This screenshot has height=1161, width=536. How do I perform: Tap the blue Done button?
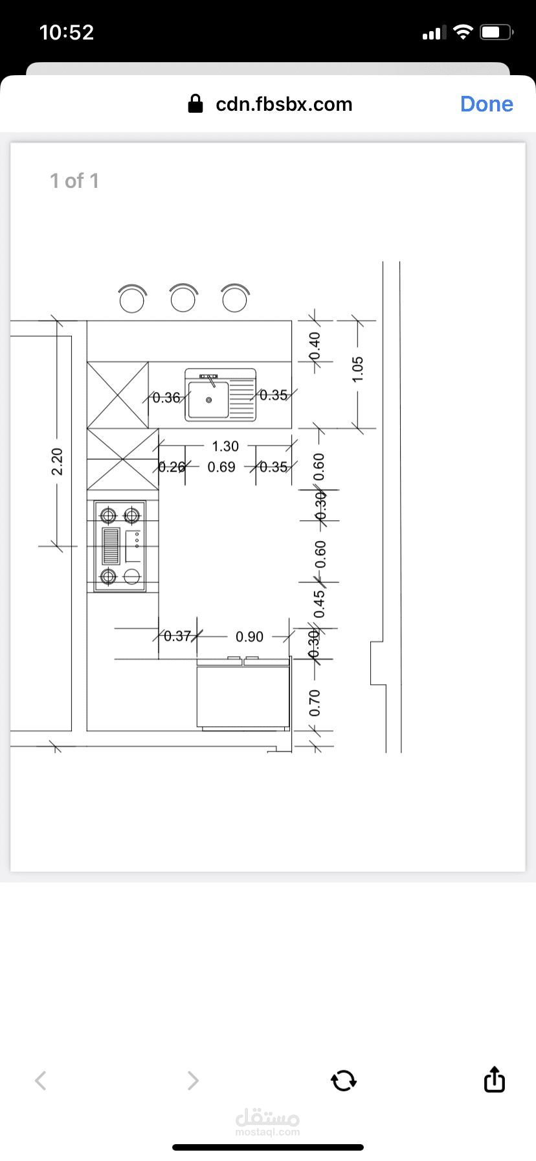(x=486, y=104)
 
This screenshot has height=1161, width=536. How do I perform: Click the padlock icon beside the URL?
(x=195, y=104)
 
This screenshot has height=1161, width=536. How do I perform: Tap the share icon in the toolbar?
(x=494, y=1079)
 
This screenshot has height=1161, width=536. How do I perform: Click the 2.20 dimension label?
(x=57, y=461)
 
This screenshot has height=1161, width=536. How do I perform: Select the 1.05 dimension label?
(x=358, y=369)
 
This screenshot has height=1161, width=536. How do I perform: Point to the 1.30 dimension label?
(x=225, y=446)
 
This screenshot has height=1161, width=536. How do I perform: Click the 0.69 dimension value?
(x=221, y=467)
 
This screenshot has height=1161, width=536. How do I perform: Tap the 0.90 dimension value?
(x=249, y=637)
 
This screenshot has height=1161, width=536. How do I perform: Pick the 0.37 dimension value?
(x=177, y=636)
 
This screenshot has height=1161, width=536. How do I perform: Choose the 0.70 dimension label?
(x=315, y=703)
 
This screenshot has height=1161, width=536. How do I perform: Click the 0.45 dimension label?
(x=319, y=604)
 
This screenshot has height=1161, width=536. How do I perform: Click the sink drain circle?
(x=208, y=400)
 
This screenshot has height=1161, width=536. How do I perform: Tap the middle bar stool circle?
(x=183, y=299)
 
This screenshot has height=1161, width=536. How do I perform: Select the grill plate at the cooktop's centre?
(x=111, y=546)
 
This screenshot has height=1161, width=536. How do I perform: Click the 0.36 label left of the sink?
(x=166, y=398)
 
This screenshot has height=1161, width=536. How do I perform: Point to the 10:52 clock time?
(x=67, y=32)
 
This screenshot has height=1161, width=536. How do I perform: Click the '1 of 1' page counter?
(x=74, y=181)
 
